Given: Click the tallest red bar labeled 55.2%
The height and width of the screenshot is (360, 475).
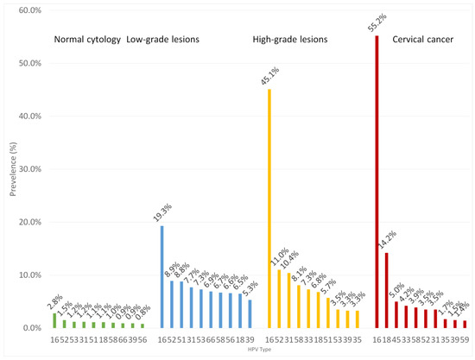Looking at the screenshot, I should tap(377, 181).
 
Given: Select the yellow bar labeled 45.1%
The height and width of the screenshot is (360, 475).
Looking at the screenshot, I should tap(269, 208).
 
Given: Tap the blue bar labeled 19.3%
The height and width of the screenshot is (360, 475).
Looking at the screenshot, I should tap(161, 276).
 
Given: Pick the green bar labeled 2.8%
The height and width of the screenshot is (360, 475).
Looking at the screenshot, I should tap(54, 320).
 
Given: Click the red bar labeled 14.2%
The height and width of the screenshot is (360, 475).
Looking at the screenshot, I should tap(386, 290).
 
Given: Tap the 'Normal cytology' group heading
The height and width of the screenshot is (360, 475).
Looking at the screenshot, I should tap(86, 40).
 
